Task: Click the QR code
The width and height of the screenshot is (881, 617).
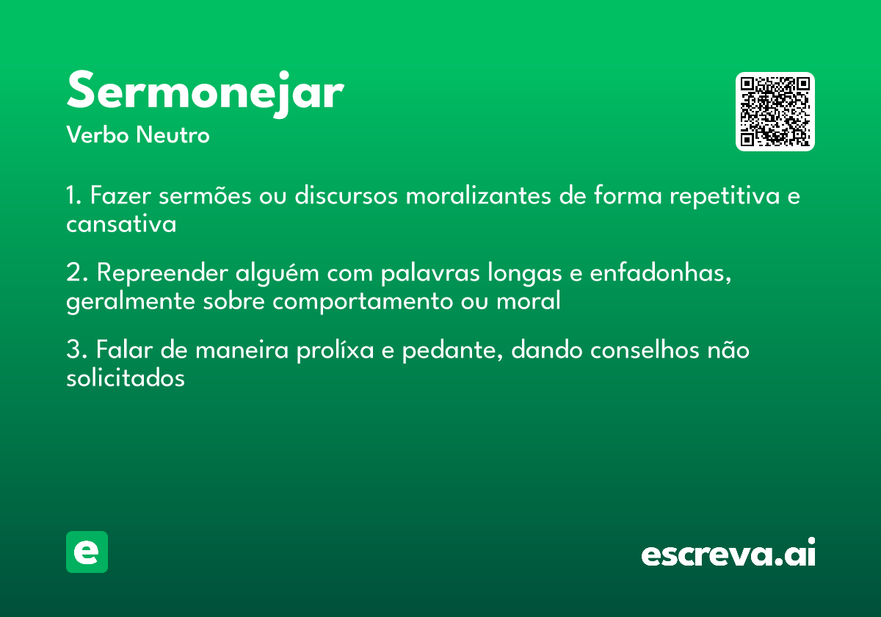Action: [x=775, y=112]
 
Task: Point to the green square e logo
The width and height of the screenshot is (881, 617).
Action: [x=87, y=552]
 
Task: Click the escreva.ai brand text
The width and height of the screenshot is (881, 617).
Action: [x=728, y=554]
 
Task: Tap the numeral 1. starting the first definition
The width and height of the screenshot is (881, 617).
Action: [x=73, y=197]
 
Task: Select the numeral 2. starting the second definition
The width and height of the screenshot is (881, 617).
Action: [x=76, y=273]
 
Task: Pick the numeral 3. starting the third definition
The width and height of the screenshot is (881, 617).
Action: [x=76, y=350]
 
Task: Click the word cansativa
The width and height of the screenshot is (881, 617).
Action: [x=121, y=224]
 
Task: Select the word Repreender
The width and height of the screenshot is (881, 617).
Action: [x=162, y=274]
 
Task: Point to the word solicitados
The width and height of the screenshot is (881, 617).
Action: [x=125, y=378]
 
